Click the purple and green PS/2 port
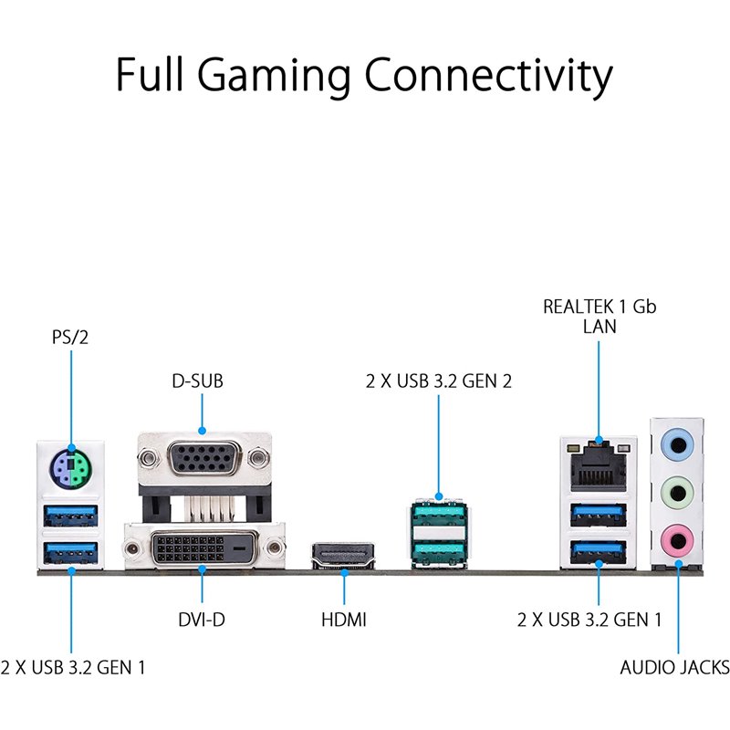(71, 469)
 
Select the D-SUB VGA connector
(204, 459)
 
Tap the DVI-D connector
(203, 548)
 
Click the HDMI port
(343, 555)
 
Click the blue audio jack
(677, 444)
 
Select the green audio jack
(677, 492)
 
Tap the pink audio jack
(677, 541)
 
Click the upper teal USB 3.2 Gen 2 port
(439, 514)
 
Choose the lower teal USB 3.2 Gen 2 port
(439, 554)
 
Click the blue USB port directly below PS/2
(71, 516)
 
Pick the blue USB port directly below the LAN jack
(599, 515)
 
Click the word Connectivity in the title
(488, 76)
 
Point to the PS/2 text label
(70, 337)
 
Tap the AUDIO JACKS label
(674, 667)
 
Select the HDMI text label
(344, 620)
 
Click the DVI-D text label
(202, 620)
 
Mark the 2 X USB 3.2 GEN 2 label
(439, 381)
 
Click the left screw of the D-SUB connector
(148, 458)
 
